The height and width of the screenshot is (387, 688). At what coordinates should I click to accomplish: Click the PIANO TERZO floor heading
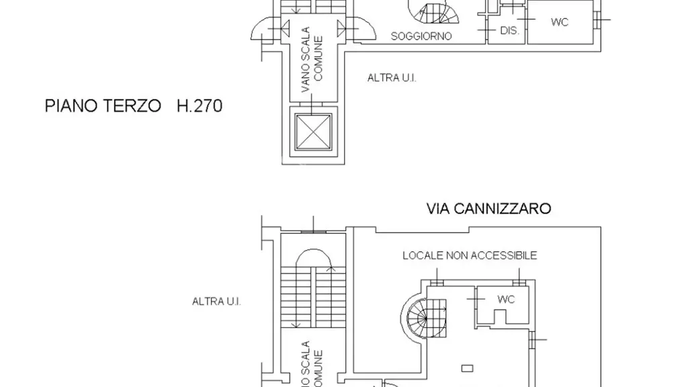click(103, 105)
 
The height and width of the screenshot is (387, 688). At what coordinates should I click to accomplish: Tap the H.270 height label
click(200, 105)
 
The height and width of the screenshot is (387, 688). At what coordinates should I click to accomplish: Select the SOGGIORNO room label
click(421, 36)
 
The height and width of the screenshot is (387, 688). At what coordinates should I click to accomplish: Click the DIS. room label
click(509, 31)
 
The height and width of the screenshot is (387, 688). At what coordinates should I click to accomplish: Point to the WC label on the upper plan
click(560, 22)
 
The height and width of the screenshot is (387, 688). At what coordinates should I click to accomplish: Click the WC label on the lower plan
click(506, 300)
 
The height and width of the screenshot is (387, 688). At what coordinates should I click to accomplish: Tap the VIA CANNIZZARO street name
click(489, 208)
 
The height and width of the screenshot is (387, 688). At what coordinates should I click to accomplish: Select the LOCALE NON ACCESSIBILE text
click(470, 255)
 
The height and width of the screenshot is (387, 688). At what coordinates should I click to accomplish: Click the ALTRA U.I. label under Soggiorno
click(392, 78)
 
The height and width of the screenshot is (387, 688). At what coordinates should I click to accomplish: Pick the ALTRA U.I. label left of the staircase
click(216, 302)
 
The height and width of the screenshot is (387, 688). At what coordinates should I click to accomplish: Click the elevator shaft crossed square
click(313, 132)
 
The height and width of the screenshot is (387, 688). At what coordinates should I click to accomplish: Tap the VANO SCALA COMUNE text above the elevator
click(312, 59)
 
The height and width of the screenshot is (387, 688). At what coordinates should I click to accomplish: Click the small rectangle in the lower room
click(468, 369)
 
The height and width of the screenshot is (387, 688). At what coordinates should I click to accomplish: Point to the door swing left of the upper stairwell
click(266, 29)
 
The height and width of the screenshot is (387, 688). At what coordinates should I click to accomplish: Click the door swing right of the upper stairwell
click(361, 29)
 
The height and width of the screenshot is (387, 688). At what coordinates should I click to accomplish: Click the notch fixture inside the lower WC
click(500, 317)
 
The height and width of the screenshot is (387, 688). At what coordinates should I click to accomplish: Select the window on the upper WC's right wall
click(597, 19)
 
